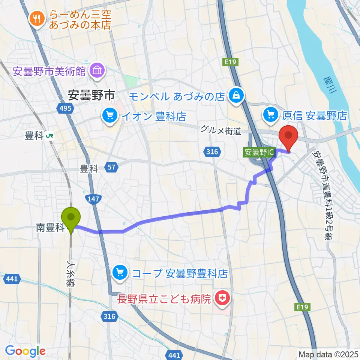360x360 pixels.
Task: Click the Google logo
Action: pos(25,351)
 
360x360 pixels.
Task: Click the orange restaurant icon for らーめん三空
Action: pos(37,18)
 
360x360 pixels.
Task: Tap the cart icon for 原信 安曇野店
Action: pos(271,114)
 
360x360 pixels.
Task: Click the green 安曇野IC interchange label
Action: pos(260,152)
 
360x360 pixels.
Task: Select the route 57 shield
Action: pos(111,167)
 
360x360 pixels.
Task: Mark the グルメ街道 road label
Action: pos(220,130)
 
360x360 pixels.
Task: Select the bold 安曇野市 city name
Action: pos(91,95)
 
